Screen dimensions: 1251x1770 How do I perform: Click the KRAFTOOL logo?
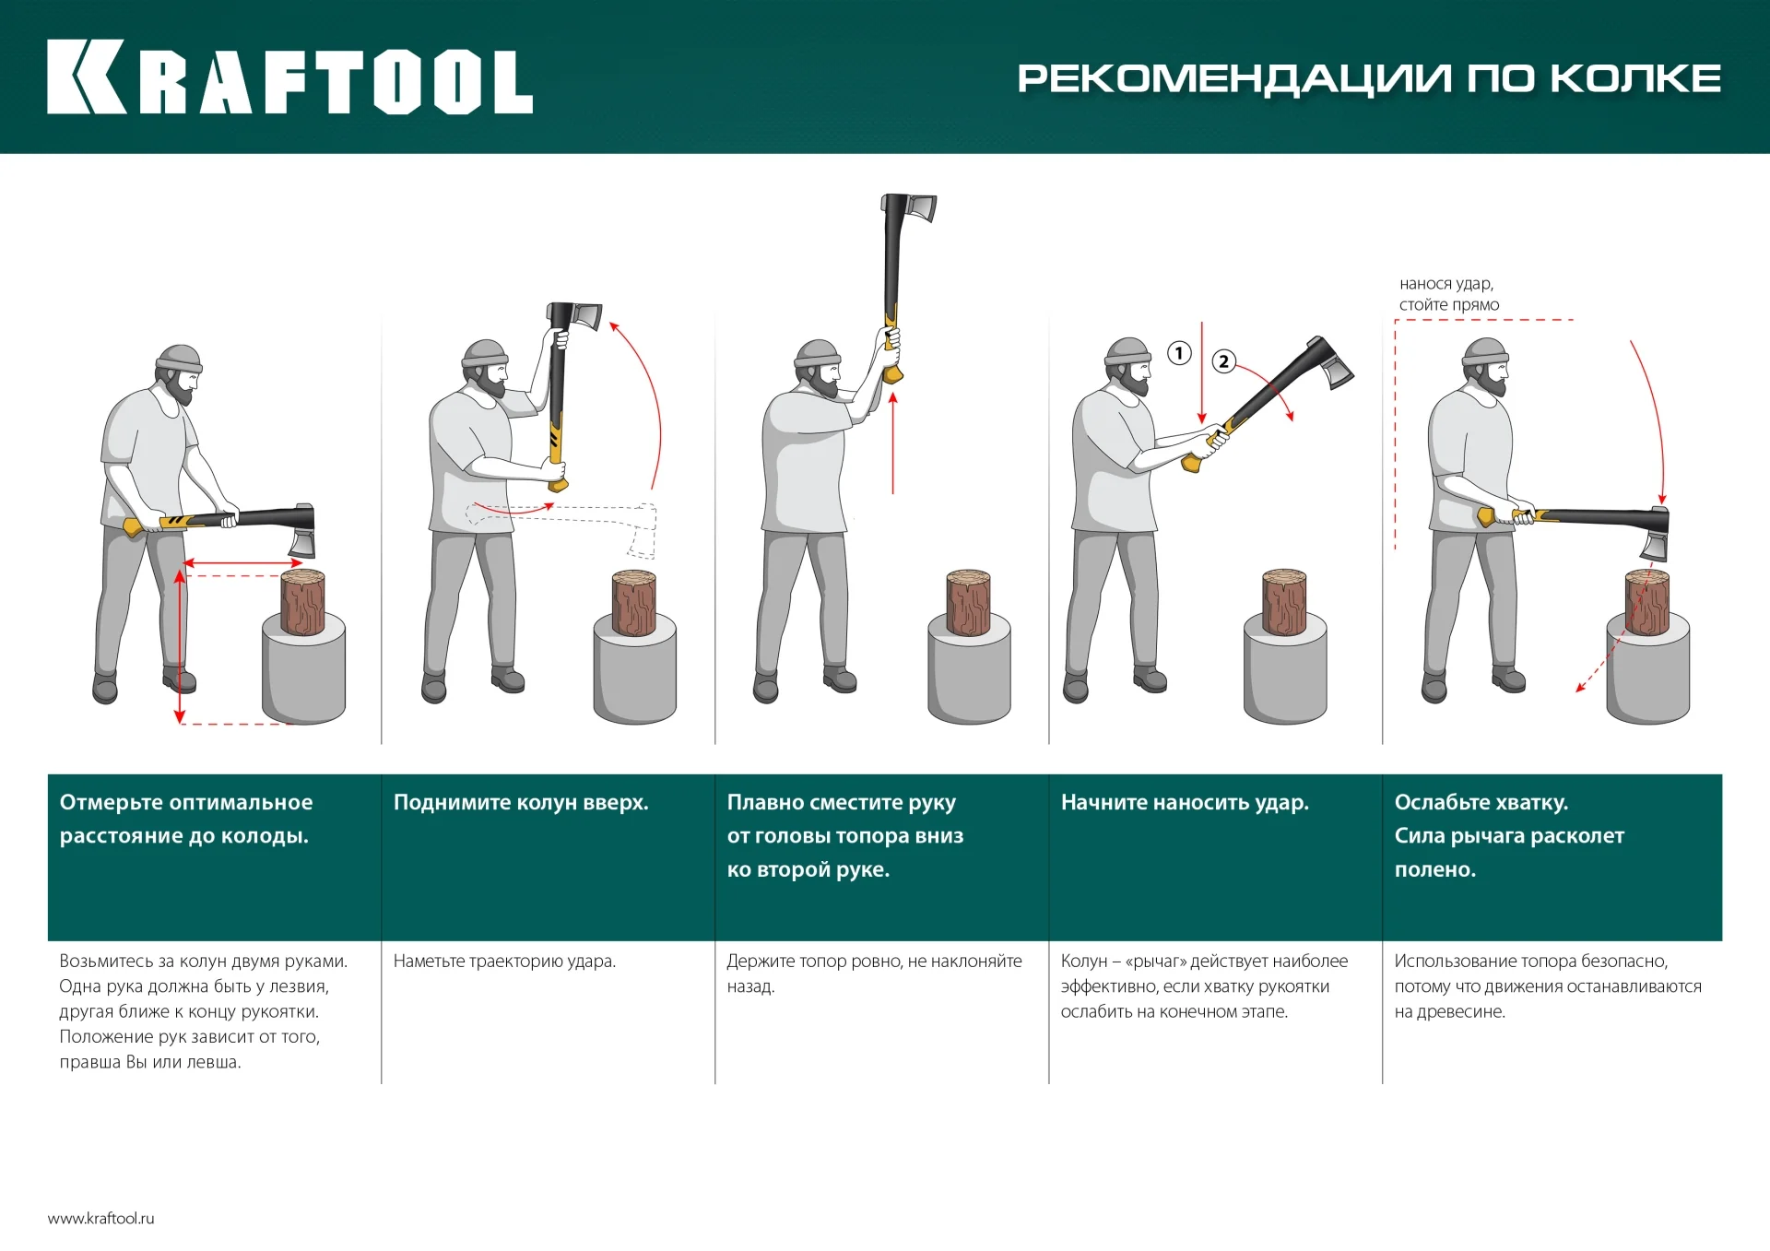click(289, 77)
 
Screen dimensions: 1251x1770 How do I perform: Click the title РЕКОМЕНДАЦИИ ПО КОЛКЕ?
click(1368, 78)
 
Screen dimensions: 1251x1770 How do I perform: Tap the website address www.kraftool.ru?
click(101, 1218)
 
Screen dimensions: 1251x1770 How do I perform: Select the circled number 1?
click(1179, 353)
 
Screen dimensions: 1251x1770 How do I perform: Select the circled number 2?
click(1223, 361)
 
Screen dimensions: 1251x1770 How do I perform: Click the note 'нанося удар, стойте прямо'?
click(1448, 294)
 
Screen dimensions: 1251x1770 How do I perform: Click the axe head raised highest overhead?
click(910, 209)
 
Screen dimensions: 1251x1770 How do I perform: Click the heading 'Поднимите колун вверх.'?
click(521, 802)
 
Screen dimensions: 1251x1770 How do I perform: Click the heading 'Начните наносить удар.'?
click(1185, 802)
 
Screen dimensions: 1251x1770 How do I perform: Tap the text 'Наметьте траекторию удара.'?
click(504, 961)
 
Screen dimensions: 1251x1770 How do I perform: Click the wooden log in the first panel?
click(302, 602)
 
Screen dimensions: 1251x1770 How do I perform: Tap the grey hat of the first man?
click(179, 359)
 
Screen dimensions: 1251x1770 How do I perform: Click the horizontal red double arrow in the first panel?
click(243, 562)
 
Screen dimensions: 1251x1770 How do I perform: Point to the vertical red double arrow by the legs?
click(181, 645)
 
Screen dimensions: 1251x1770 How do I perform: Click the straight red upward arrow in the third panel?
click(892, 443)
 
